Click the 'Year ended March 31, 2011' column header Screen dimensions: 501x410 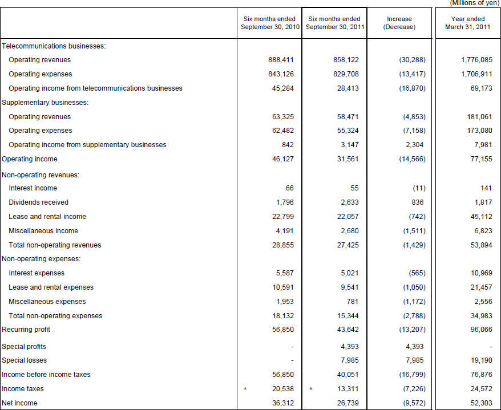click(x=467, y=23)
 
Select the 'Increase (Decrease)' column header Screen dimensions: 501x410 click(x=399, y=23)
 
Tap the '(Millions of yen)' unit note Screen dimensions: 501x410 click(x=475, y=3)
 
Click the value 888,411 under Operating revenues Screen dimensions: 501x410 click(x=281, y=60)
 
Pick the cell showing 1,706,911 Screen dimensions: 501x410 click(x=476, y=74)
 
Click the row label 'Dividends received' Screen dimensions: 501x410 click(x=38, y=202)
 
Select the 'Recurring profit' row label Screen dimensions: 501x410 click(x=26, y=330)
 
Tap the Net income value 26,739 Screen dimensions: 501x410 click(x=348, y=403)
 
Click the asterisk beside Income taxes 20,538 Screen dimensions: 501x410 click(x=245, y=389)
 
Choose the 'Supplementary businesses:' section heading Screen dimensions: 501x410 click(x=45, y=103)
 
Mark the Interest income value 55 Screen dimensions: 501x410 click(x=354, y=188)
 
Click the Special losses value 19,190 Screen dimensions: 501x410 click(x=481, y=360)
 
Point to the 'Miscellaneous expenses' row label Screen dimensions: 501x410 click(x=47, y=302)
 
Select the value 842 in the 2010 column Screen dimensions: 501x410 click(x=288, y=145)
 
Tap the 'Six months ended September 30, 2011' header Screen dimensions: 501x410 click(x=334, y=23)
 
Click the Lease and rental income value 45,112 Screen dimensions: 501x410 click(x=481, y=217)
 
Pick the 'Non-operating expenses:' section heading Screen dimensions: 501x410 click(x=41, y=259)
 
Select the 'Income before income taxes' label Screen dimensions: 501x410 click(x=46, y=375)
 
